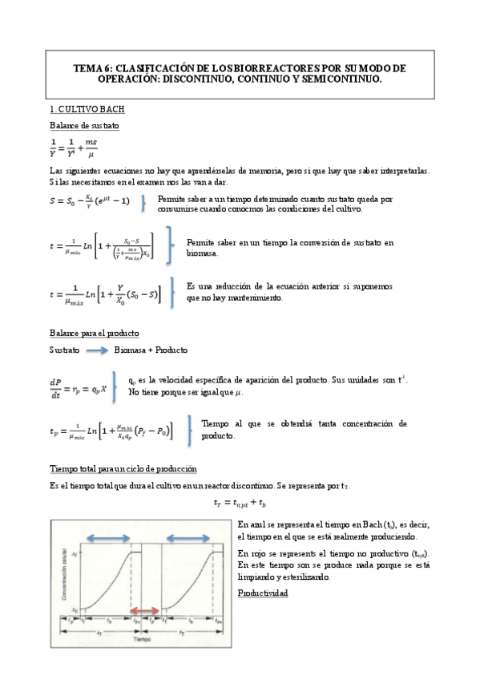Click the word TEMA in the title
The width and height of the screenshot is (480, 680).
(x=86, y=68)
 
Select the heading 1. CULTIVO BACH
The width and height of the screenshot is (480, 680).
(x=87, y=108)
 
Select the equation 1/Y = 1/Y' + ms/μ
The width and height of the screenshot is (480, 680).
(x=74, y=148)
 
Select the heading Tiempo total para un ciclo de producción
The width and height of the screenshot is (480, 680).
(x=123, y=468)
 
